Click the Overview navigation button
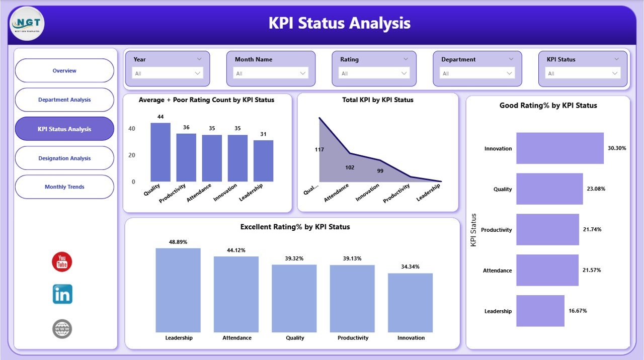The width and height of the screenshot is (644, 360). tap(64, 71)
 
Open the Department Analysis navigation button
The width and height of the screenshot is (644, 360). tap(64, 100)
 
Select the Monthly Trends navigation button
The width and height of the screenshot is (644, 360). tap(64, 187)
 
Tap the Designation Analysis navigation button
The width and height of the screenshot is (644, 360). tap(64, 158)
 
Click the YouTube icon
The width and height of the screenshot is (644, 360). tap(62, 262)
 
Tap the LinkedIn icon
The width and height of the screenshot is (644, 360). tap(62, 294)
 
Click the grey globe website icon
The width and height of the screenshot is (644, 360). tap(62, 329)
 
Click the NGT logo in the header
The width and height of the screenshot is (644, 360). tap(27, 23)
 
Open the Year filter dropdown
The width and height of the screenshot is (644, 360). tap(168, 73)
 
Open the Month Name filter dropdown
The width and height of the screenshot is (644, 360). tap(271, 73)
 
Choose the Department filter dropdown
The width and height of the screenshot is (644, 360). tap(477, 73)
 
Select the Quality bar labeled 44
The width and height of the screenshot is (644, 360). tap(160, 152)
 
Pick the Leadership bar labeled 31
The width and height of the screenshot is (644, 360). tap(263, 161)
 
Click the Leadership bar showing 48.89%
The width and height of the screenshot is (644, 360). tap(178, 290)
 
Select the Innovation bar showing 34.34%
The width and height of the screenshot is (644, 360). tap(410, 303)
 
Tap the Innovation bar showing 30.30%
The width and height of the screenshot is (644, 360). tap(559, 148)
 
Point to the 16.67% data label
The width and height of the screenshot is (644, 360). tap(578, 311)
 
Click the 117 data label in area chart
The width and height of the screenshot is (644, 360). tap(319, 150)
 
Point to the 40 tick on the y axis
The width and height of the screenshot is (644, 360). tap(131, 129)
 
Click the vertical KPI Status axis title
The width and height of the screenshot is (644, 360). tap(473, 230)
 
